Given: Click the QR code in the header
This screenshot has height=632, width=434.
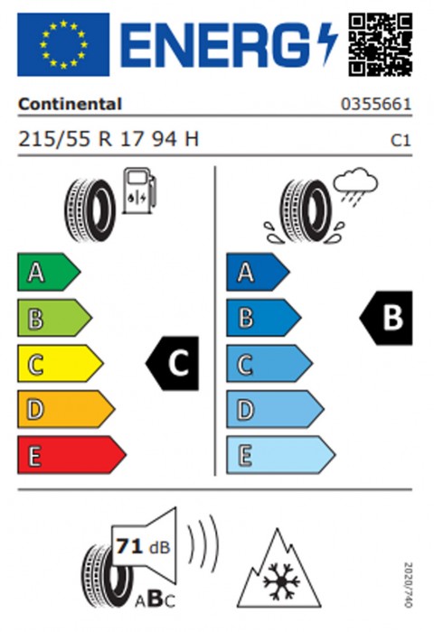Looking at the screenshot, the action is tap(381, 44).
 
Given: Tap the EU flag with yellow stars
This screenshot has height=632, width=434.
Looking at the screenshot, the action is tap(63, 44).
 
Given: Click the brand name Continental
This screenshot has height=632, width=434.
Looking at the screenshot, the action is tap(70, 104).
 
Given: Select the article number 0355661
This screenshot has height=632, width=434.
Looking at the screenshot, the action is tap(376, 104).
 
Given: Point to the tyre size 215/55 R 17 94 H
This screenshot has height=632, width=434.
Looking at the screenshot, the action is tap(108, 139).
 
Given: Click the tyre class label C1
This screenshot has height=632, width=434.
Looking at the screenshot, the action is tap(401, 140).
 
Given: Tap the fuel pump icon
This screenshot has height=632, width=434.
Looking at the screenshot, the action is tap(139, 191).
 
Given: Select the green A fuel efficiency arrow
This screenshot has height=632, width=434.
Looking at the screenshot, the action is tap(49, 272).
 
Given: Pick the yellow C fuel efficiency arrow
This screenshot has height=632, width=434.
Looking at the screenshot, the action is tap(61, 363).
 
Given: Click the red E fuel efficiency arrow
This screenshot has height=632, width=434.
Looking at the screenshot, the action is tap(71, 455).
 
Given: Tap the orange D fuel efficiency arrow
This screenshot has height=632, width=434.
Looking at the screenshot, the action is tap(66, 409).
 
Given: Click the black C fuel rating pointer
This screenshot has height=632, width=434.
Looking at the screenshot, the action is tap(173, 363).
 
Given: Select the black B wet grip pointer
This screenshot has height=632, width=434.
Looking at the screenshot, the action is tap(386, 318).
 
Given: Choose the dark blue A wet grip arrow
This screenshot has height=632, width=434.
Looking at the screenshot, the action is tap(258, 272).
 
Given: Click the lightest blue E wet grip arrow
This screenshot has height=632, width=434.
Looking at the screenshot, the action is tap(280, 455).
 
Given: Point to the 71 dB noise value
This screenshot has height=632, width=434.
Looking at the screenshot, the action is tap(143, 547).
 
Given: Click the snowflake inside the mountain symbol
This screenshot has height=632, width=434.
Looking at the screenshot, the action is tap(281, 581).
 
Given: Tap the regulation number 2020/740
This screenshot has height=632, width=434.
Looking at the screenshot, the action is tap(408, 585).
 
